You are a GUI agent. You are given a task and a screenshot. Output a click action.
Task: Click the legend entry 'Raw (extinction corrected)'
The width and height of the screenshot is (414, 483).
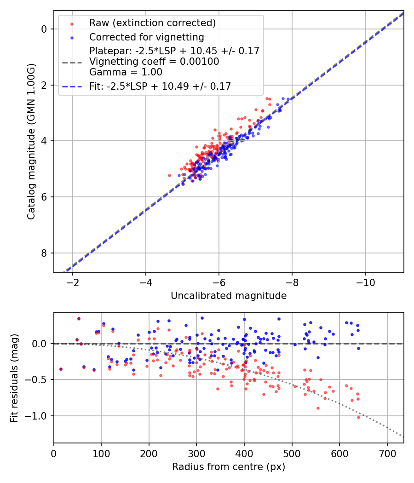tap(152, 23)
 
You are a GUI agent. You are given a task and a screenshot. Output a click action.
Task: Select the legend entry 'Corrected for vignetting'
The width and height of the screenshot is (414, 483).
tap(146, 37)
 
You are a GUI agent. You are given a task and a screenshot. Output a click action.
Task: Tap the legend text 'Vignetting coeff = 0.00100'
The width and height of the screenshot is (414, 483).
tap(154, 61)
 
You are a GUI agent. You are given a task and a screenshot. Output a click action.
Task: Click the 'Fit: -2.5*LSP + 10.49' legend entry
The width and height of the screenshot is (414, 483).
tap(160, 86)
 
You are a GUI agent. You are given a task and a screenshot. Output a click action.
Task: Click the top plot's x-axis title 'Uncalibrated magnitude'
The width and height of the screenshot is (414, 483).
tap(229, 296)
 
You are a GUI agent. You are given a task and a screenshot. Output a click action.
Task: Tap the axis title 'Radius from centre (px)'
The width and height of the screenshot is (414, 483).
tap(229, 467)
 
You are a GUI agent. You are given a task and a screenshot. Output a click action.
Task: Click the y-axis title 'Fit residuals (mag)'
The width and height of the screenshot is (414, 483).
tap(14, 377)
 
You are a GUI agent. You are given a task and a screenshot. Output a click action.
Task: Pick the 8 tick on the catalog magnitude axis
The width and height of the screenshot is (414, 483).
tap(44, 253)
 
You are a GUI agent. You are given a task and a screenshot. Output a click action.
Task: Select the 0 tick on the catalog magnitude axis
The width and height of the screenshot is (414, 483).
tap(44, 29)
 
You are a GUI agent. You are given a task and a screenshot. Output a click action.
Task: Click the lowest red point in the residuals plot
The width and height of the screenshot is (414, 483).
tap(359, 417)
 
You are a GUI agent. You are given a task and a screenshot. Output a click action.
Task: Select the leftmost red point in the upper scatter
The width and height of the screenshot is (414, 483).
tap(169, 175)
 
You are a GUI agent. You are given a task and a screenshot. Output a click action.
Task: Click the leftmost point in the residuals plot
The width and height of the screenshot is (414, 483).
tap(61, 369)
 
